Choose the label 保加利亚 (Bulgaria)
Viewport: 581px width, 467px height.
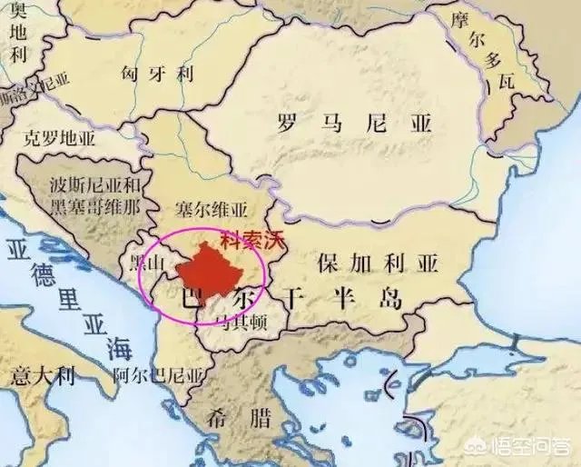click(377, 263)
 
